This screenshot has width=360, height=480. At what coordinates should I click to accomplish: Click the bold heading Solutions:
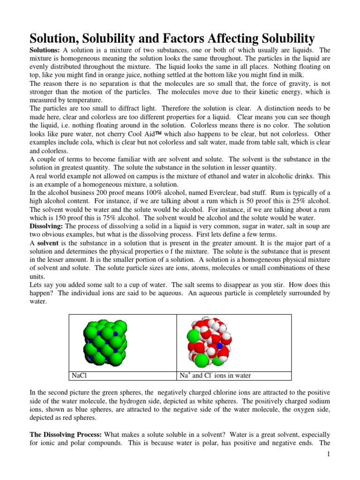click(45, 50)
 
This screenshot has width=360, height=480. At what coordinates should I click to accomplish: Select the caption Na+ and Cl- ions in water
click(215, 375)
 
